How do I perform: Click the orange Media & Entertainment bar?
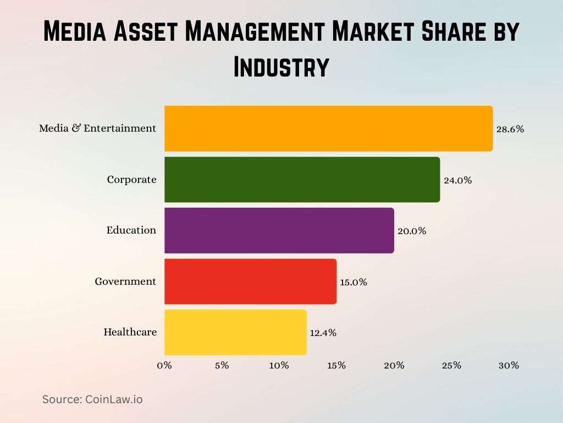328,128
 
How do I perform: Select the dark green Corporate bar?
302,180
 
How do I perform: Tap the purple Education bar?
279,230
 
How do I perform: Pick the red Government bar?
250,281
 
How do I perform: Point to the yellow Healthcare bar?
235,332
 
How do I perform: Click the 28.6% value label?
510,129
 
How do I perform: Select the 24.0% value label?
457,180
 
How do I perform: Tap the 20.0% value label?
412,231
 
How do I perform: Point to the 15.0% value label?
353,282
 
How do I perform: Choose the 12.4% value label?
323,333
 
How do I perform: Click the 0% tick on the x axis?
164,365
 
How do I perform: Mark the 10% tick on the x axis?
279,365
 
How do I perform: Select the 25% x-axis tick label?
451,365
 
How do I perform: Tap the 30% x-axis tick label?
509,365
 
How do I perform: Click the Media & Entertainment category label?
97,128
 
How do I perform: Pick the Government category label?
125,281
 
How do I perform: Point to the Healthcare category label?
130,332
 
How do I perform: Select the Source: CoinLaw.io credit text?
92,399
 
